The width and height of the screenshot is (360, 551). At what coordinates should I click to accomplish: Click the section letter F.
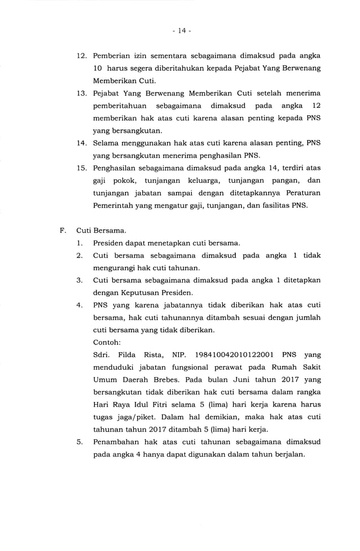63,231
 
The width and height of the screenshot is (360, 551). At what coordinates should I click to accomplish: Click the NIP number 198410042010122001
234,355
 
